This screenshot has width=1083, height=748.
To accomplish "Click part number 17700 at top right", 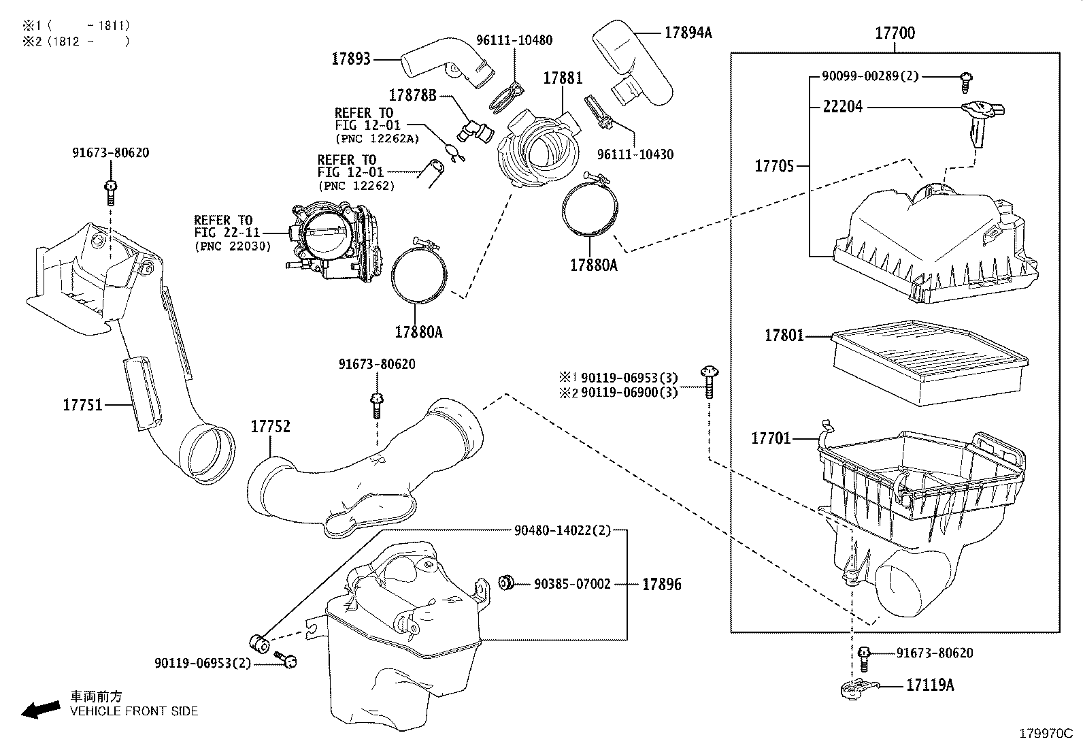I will point(895,33).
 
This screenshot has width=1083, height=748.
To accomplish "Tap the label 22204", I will point(842,107).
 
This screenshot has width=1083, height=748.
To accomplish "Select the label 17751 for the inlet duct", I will point(82,405).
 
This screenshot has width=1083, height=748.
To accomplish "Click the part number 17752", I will point(271,427).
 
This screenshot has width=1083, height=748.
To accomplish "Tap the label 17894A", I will point(688,32).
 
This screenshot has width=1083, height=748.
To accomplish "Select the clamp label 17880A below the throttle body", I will point(418,332).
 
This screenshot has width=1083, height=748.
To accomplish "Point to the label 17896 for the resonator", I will point(661,584).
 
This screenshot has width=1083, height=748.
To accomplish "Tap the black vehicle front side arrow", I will point(40,709).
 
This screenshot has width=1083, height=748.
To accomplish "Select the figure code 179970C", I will point(1045,734).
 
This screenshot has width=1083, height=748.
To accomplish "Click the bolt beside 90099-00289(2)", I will point(966,80).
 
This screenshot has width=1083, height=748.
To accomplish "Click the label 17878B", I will point(412,95).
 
